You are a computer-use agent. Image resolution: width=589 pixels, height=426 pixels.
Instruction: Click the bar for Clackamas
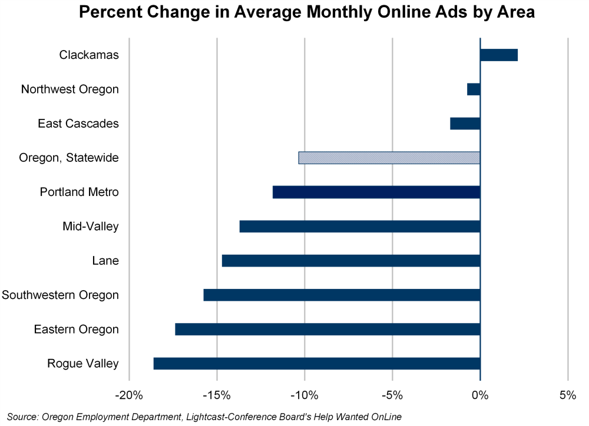[499, 55]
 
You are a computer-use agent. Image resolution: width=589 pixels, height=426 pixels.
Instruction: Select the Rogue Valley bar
[317, 364]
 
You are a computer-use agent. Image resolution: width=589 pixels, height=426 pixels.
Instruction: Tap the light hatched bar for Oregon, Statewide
[389, 158]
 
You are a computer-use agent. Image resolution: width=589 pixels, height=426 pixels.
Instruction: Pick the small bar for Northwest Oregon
[474, 89]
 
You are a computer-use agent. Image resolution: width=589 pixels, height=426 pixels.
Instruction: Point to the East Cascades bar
[465, 124]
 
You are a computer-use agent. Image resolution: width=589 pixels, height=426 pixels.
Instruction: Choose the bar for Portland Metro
[376, 192]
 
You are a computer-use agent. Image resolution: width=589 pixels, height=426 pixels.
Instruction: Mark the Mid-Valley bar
[360, 227]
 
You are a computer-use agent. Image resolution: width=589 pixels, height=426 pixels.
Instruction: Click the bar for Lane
[351, 261]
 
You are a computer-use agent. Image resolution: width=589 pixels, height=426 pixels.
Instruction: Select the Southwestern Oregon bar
[342, 295]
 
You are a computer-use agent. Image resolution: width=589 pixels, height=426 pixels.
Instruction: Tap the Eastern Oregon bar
[327, 330]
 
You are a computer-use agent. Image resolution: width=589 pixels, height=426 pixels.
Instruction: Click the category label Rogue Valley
[83, 364]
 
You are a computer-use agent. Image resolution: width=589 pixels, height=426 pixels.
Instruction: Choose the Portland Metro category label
[80, 192]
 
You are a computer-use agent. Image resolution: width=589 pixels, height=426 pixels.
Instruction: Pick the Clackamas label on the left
[89, 55]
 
